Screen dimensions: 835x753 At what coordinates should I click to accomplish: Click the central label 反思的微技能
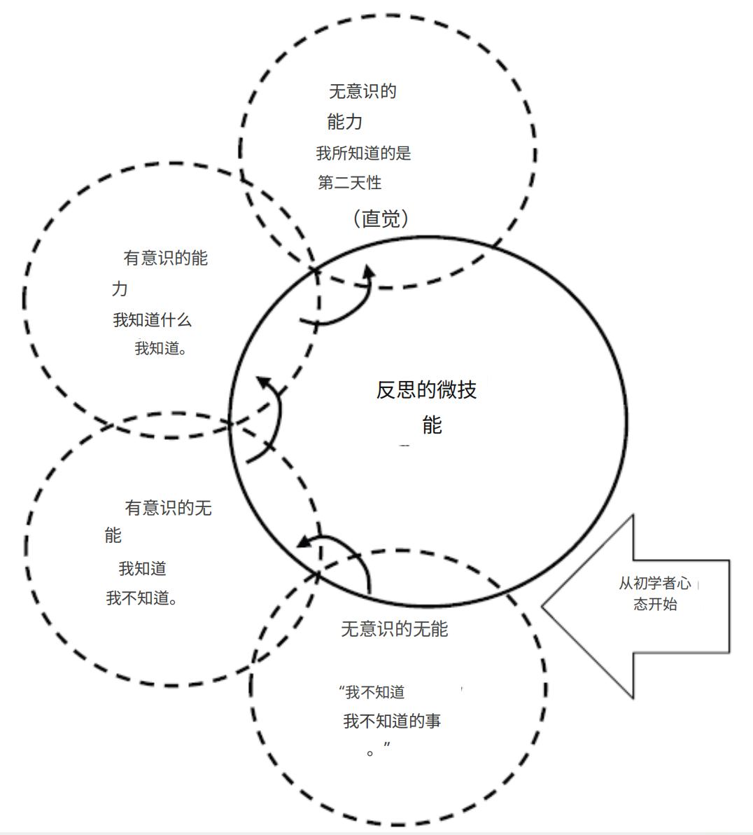coord(427,406)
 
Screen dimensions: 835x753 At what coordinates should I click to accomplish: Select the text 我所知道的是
coord(363,153)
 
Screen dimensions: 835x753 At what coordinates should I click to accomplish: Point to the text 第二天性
coord(350,183)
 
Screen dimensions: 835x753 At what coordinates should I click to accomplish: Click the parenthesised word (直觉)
coord(381,219)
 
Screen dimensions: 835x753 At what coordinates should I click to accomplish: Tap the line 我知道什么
coord(152,320)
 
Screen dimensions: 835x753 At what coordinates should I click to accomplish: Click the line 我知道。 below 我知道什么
coord(160,348)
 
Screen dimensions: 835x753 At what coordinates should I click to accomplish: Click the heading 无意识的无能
coord(394,629)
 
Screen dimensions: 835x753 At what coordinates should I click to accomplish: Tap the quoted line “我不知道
coord(372,692)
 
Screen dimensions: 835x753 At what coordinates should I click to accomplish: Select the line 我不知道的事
coord(392,721)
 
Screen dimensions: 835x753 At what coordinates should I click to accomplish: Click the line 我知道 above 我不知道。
coord(142,569)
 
